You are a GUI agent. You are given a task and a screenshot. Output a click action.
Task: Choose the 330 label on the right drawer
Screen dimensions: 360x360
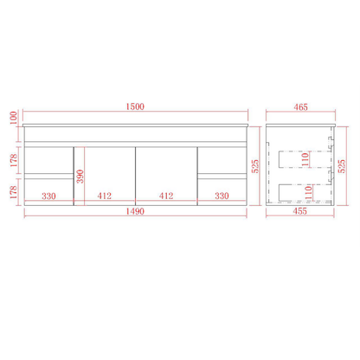222,196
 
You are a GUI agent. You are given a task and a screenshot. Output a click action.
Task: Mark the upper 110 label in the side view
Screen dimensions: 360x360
305,159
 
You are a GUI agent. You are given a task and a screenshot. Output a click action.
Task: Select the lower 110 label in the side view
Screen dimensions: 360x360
305,190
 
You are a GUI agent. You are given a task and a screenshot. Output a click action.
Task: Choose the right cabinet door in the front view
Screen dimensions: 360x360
164,169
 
